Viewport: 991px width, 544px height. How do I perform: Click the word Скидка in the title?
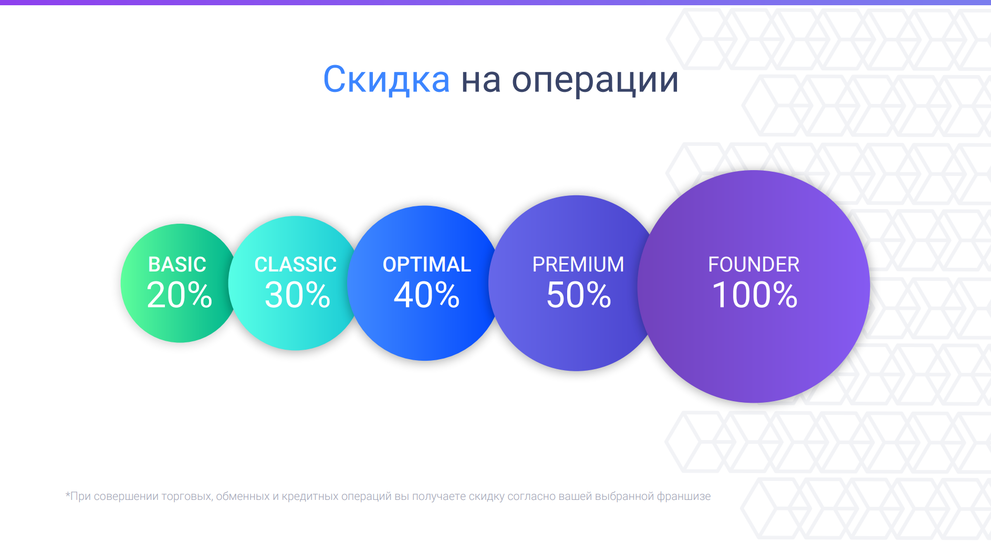point(386,80)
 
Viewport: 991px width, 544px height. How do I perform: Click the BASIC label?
point(178,265)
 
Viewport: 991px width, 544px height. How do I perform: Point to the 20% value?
point(180,295)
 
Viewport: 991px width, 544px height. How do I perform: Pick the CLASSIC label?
point(296,265)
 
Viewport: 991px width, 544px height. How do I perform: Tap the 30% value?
point(298,295)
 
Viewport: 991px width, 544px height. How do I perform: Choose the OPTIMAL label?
point(427,265)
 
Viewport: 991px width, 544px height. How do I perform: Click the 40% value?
point(427,295)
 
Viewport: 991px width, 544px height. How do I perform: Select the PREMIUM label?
point(578,265)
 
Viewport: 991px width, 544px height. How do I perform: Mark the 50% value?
point(579,295)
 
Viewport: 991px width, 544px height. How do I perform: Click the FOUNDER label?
point(754,265)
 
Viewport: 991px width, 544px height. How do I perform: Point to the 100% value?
point(755,295)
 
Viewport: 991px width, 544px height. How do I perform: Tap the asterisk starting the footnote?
point(68,494)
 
